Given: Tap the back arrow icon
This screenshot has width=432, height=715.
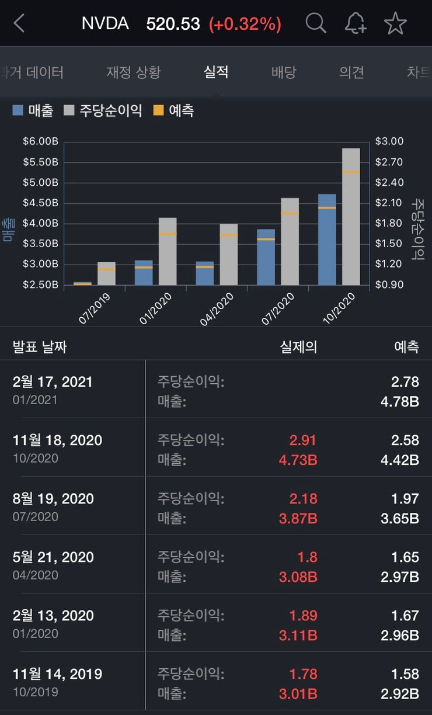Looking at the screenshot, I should [x=20, y=24].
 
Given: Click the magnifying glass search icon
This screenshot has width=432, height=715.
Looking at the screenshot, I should [x=316, y=23].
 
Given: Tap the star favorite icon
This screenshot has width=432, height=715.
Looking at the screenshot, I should [x=395, y=23].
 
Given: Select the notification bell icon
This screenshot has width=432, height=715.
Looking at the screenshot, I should [x=355, y=23].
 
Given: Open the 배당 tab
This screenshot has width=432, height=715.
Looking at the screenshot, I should [x=284, y=72].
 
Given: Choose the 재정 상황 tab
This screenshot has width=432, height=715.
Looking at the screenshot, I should [x=133, y=72].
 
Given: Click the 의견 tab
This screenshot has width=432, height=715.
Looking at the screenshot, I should [x=351, y=72].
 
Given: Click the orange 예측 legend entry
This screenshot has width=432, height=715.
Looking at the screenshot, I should [x=173, y=110].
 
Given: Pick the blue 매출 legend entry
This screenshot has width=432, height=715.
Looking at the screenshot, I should [x=33, y=110].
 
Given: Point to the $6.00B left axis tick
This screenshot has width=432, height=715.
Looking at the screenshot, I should [x=41, y=141].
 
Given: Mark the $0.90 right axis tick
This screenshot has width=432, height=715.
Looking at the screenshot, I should [x=389, y=284].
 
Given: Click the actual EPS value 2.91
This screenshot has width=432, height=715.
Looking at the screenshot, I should [x=304, y=440].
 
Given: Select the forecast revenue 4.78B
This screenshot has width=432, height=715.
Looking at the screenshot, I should [x=400, y=402].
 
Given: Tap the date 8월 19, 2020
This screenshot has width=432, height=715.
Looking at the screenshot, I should [x=53, y=499].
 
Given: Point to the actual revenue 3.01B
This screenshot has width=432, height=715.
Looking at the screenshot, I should [x=298, y=694].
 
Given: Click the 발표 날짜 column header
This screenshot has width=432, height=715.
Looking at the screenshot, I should [x=40, y=347].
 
